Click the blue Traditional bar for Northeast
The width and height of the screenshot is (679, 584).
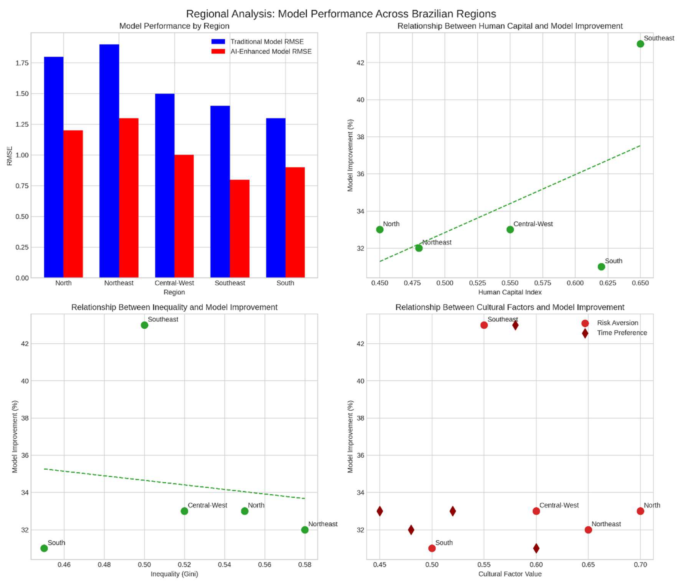pos(109,161)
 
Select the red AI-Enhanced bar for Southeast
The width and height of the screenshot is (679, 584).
pos(240,229)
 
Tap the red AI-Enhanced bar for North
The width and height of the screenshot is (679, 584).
pos(73,204)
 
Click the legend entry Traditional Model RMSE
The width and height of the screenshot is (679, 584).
pos(267,42)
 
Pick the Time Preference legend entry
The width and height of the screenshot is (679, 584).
pos(622,333)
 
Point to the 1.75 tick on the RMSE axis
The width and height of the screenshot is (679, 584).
pos(22,63)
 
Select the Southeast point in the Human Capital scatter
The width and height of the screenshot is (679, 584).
pos(640,44)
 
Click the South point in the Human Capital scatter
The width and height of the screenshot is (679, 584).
pos(601,267)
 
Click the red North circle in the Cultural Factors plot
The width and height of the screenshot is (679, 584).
pos(640,511)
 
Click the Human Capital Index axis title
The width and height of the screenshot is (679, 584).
pos(510,292)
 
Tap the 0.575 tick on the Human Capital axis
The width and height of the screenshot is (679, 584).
pos(542,283)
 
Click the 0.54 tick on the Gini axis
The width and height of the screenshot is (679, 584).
pos(225,565)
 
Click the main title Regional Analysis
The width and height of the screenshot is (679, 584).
pos(341,14)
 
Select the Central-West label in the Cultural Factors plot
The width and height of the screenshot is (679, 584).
pos(559,505)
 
